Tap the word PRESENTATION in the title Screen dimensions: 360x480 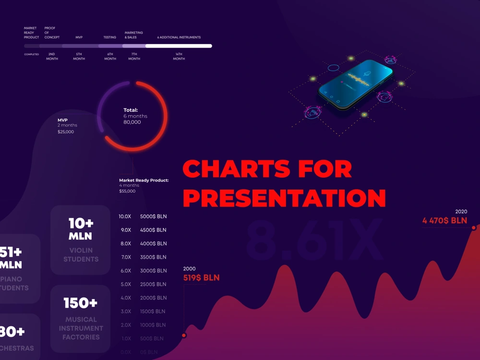point(284,198)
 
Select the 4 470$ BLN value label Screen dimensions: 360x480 point(444,221)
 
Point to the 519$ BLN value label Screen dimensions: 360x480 point(202,277)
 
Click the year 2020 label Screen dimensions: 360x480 point(461,212)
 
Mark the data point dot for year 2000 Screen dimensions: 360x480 point(184,336)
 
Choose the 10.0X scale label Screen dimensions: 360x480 point(125,216)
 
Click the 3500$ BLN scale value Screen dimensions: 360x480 point(153,257)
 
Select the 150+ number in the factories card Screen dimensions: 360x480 point(81,303)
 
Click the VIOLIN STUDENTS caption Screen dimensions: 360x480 point(81,255)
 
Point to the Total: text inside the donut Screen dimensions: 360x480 point(131,110)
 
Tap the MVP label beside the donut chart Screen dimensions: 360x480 point(62,120)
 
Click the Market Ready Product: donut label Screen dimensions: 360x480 point(144,180)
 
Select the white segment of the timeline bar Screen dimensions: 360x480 point(179,46)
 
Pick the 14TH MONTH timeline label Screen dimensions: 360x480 point(179,57)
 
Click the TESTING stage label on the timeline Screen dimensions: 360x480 point(110,37)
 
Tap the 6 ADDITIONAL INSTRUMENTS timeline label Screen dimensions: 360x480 point(179,37)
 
